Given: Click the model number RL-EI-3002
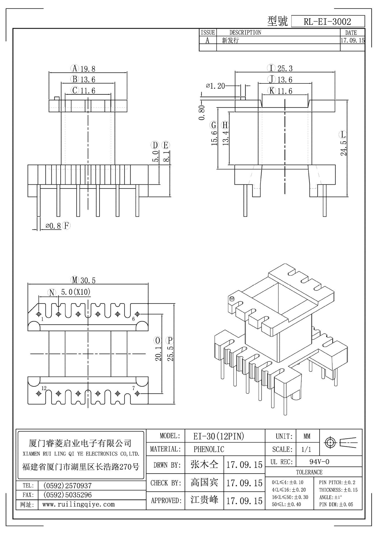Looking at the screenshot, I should tap(327, 22).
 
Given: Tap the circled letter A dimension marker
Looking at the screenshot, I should tap(75, 68).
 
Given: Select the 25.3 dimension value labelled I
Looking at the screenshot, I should tap(285, 68).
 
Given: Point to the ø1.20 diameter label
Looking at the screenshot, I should tap(216, 86).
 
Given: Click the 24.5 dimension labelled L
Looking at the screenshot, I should tap(344, 148).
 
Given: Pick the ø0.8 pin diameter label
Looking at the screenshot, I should tap(53, 226).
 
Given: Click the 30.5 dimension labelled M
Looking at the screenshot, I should tap(88, 280).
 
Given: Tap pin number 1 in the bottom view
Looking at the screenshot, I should tap(42, 319).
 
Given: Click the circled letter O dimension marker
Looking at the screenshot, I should tap(158, 340).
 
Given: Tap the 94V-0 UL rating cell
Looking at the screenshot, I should tap(319, 462).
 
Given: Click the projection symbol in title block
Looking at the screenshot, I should tap(341, 442).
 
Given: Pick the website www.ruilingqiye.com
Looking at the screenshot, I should tap(78, 504).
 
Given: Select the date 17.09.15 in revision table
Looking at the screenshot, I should tap(352, 40).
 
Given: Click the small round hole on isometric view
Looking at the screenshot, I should tap(232, 299).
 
